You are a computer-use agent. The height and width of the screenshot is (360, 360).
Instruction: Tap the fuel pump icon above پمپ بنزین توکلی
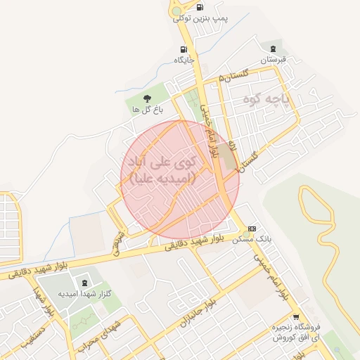pyautogui.click(x=201, y=8)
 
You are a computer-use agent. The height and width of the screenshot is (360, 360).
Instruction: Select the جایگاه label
pyautogui.click(x=184, y=60)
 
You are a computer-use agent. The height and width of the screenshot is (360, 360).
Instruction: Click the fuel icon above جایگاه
pyautogui.click(x=184, y=49)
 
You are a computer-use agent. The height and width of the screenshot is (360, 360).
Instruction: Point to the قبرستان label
pyautogui.click(x=271, y=60)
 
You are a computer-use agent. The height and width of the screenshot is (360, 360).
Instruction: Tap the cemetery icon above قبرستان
pyautogui.click(x=271, y=48)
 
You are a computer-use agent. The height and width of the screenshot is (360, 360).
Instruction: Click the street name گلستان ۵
pyautogui.click(x=234, y=75)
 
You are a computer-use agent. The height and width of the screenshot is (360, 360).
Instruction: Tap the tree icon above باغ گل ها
pyautogui.click(x=147, y=98)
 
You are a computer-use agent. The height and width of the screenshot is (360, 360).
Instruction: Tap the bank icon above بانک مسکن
pyautogui.click(x=252, y=229)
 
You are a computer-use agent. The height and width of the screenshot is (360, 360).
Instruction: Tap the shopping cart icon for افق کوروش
pyautogui.click(x=296, y=316)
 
